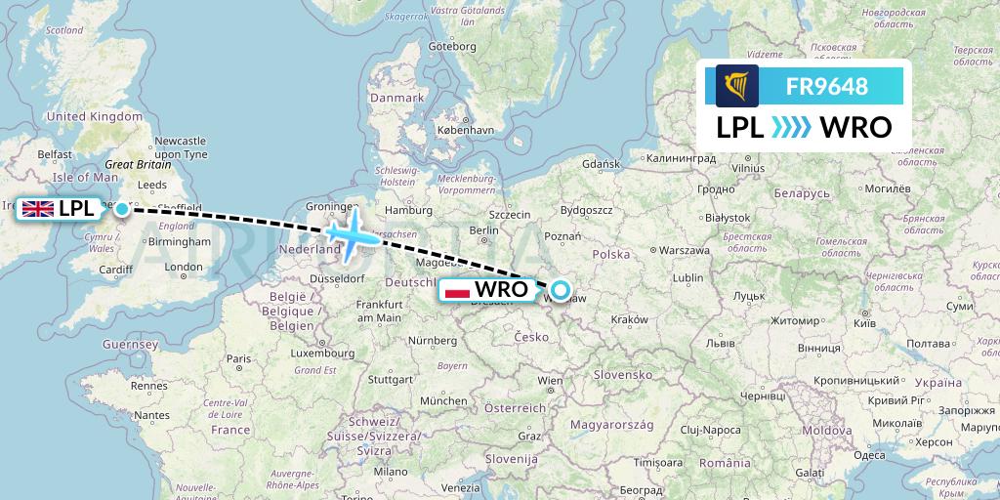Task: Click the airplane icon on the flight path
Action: click(x=349, y=235)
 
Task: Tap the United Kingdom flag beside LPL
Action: click(x=38, y=208)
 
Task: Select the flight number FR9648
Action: click(x=827, y=86)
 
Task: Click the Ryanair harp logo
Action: click(x=737, y=86)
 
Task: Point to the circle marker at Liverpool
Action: click(x=121, y=208)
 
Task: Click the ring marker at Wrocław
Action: click(x=561, y=289)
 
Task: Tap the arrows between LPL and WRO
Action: click(x=791, y=127)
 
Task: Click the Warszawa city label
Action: click(x=683, y=249)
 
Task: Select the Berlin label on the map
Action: click(x=484, y=230)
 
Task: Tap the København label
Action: click(x=465, y=129)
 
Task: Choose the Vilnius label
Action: click(x=746, y=168)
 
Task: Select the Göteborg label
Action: click(x=451, y=46)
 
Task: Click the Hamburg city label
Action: click(x=408, y=209)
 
